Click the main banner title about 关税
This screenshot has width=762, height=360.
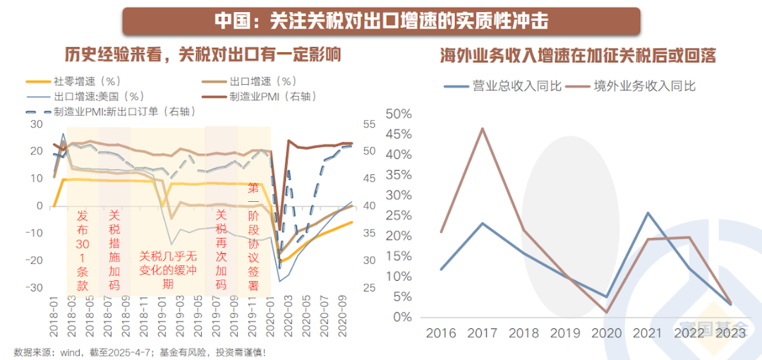381,21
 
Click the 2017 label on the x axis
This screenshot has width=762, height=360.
484,332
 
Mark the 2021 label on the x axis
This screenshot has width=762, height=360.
647,332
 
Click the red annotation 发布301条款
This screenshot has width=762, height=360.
83,250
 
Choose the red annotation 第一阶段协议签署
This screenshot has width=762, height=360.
253,236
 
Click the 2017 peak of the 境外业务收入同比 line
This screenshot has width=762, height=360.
483,128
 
